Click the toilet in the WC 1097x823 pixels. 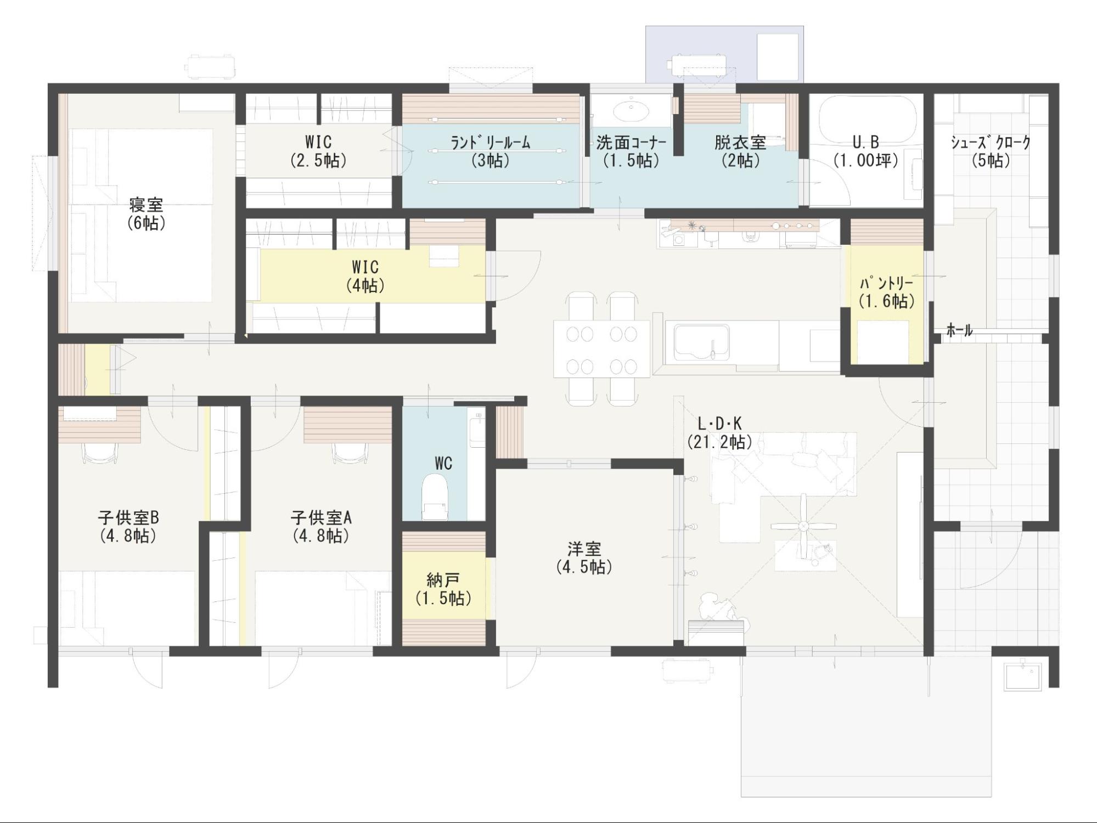(435, 497)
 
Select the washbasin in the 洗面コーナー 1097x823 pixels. (631, 111)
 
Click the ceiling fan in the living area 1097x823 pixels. (803, 527)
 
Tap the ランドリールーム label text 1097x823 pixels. (490, 143)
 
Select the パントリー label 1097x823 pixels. (886, 283)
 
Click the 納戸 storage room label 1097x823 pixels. (443, 580)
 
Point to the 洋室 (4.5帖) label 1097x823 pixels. (584, 557)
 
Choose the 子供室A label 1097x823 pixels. (321, 517)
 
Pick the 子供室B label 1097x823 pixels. (128, 517)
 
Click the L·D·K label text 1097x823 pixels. (719, 424)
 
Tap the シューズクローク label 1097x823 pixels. (991, 143)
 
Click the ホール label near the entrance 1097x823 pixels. (959, 330)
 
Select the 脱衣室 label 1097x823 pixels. (740, 143)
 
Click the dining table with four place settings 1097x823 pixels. (601, 350)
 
